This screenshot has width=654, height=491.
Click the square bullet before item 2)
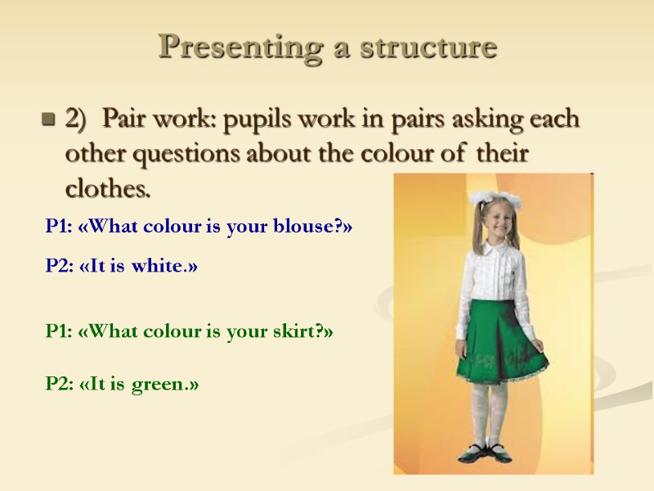[47, 121]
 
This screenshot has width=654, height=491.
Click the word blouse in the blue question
[311, 227]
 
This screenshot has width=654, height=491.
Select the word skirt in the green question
[299, 331]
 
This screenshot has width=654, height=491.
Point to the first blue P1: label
[59, 227]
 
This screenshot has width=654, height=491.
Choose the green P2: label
[59, 383]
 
